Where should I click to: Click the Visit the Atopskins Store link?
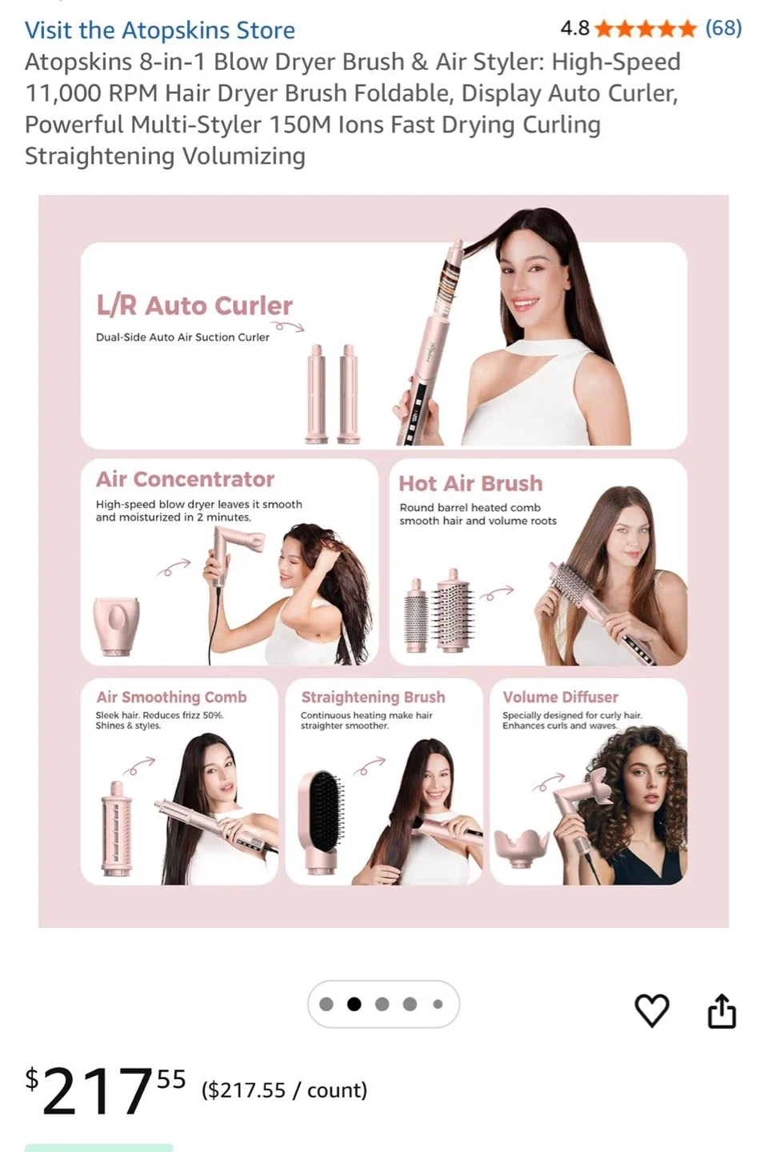(x=160, y=30)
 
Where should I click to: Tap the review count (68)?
(x=723, y=28)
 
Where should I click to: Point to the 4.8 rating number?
(x=574, y=28)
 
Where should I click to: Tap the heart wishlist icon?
(x=652, y=1010)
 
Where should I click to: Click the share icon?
(x=722, y=1010)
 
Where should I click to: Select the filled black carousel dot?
(x=354, y=1004)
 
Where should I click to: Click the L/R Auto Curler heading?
(x=194, y=306)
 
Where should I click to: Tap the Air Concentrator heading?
(x=185, y=479)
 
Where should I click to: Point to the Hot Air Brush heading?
(x=470, y=483)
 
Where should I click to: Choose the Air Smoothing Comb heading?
(x=172, y=697)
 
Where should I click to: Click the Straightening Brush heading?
(x=373, y=697)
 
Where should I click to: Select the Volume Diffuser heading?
(x=560, y=697)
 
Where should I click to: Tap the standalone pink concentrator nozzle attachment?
(x=116, y=626)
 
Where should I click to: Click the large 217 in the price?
(x=98, y=1090)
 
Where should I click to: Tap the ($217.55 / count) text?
(x=285, y=1090)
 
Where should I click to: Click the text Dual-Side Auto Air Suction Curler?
(x=182, y=337)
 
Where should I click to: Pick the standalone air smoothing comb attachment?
(x=117, y=828)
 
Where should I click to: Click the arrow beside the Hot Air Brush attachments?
(x=497, y=593)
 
